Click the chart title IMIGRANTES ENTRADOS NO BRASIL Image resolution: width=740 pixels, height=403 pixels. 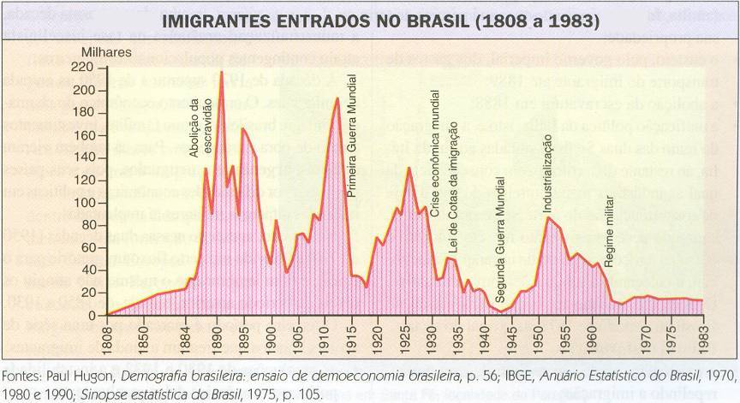pos(369,20)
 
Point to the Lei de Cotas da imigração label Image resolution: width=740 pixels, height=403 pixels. pos(452,199)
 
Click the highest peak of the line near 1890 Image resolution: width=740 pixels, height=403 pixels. pos(222,72)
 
